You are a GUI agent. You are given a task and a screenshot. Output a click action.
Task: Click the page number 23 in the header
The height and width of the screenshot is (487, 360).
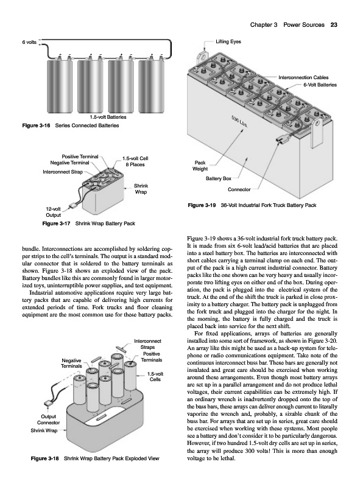click(334, 25)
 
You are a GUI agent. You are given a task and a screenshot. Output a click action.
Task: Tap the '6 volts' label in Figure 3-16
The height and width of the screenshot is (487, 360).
click(29, 42)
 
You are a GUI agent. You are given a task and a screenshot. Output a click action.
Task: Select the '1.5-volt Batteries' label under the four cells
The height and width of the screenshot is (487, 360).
click(108, 117)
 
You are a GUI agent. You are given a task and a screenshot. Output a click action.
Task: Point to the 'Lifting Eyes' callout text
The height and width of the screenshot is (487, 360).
click(228, 41)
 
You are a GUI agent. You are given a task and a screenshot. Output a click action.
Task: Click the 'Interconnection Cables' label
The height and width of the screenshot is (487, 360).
click(303, 77)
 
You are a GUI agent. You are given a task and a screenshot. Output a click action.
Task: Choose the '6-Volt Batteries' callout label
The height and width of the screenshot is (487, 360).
click(320, 85)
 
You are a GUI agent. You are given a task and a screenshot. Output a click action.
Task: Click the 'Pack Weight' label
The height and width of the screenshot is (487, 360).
click(200, 166)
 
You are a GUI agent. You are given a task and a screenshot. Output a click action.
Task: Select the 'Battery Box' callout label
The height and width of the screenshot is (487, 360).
click(218, 178)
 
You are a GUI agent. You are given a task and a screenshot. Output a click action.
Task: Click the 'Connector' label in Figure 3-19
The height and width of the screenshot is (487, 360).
click(239, 189)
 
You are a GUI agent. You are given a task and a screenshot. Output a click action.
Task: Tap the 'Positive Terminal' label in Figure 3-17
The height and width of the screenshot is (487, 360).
click(80, 156)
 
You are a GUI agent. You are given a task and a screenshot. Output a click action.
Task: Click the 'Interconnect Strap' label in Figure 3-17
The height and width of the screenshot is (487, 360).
click(63, 172)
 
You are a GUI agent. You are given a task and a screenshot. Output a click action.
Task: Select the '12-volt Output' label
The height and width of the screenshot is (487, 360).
click(53, 212)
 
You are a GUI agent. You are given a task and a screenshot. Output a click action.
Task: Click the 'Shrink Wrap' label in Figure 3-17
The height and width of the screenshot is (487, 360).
click(141, 189)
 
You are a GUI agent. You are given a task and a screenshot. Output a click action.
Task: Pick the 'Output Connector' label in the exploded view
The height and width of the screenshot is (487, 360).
click(48, 419)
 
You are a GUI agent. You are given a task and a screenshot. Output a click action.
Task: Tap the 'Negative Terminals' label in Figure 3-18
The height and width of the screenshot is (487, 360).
click(71, 363)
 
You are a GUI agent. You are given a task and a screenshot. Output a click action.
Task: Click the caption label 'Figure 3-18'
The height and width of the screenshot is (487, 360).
click(44, 458)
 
